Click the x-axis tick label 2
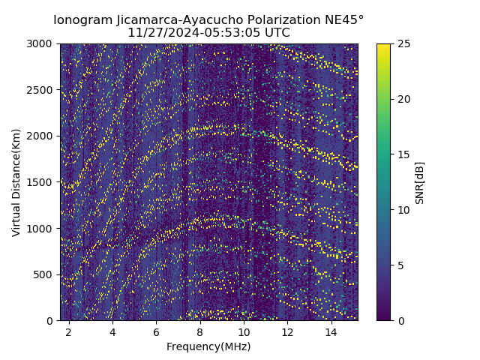tap(69, 332)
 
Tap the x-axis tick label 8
tap(200, 332)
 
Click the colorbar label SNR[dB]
tap(420, 182)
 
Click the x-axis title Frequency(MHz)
tap(208, 346)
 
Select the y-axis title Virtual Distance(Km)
tap(16, 182)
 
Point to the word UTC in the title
tap(276, 33)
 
